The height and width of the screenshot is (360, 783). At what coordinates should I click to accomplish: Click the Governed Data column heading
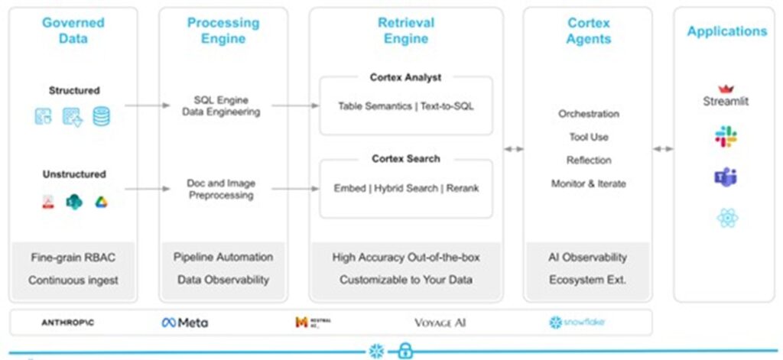coord(73,31)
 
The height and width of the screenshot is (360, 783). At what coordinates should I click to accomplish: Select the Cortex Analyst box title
coord(405,77)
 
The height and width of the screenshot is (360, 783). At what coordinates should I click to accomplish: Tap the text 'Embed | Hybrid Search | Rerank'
coord(406,188)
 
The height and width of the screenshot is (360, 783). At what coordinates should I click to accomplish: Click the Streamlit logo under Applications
coord(726,96)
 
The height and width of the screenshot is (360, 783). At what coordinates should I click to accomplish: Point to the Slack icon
coord(726,137)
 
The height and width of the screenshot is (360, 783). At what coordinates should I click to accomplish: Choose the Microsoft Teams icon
coord(726,177)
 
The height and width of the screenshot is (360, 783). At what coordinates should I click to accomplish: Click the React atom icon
coord(726,219)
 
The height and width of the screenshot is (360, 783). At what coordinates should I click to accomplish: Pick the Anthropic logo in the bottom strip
coord(68,323)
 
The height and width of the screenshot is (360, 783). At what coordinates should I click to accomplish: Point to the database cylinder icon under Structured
coord(101,116)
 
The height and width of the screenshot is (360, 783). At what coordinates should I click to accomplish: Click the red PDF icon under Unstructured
coord(48,203)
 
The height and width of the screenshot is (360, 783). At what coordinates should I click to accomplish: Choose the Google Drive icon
coord(101,203)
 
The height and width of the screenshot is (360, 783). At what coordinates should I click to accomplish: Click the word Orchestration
coord(588,114)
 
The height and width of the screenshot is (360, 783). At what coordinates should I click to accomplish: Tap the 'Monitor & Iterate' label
coord(588,183)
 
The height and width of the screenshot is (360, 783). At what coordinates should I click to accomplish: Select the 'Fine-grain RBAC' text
coord(73,257)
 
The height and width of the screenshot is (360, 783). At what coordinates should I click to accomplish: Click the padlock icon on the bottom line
coord(405,351)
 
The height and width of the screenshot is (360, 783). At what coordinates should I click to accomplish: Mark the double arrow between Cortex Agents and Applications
coord(663,149)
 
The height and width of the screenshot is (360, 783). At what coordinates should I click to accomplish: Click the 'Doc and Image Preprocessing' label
coord(221,189)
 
